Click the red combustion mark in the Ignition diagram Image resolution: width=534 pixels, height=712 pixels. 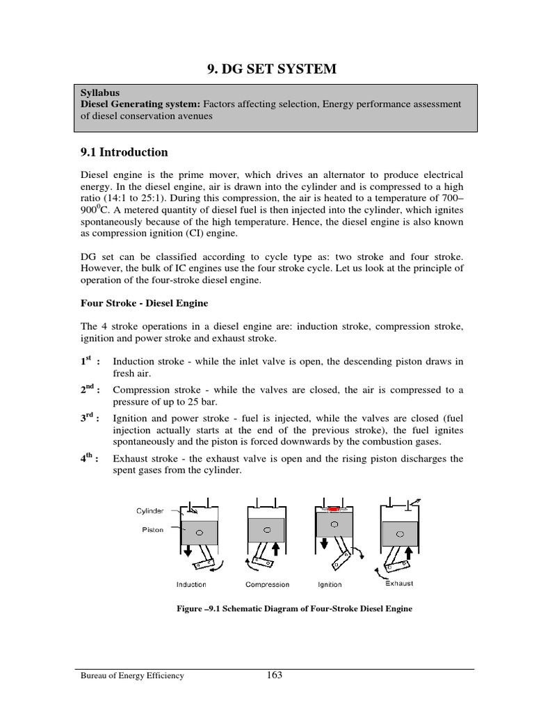coord(332,509)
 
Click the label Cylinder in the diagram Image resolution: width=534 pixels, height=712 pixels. coord(150,511)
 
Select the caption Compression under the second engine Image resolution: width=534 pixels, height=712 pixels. coord(268,585)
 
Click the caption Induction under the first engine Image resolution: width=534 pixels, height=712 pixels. coord(191,585)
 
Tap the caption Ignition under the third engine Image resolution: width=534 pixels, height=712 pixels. coord(330,585)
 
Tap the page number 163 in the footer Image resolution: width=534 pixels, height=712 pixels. coord(274,674)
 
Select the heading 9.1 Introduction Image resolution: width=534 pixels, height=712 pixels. coord(124,152)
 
